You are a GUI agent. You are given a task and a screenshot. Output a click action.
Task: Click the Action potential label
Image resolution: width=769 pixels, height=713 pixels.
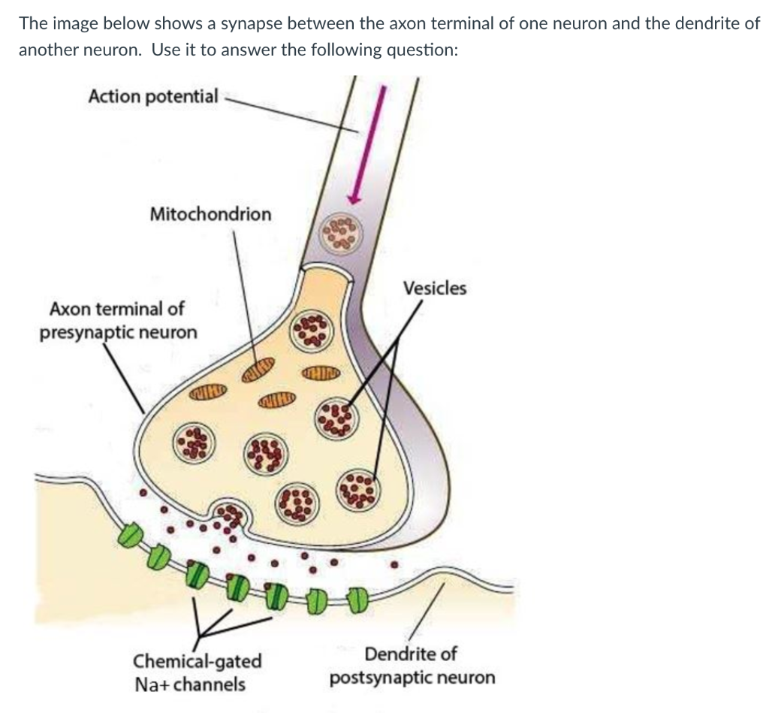tap(153, 96)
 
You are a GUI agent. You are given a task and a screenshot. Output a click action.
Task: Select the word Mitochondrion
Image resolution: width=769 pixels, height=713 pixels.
tap(210, 214)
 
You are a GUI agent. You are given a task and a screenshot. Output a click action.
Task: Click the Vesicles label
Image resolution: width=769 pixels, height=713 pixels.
tap(434, 289)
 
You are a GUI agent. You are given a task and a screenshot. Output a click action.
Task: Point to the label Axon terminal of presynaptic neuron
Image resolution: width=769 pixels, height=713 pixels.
tap(118, 320)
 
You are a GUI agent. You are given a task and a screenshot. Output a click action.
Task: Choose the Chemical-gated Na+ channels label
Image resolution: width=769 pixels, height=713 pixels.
tap(198, 672)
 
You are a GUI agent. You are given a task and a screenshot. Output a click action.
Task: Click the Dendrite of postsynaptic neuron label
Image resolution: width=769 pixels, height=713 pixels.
tap(412, 666)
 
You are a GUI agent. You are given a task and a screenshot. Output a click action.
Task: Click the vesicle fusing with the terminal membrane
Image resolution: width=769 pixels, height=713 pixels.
tap(231, 514)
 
